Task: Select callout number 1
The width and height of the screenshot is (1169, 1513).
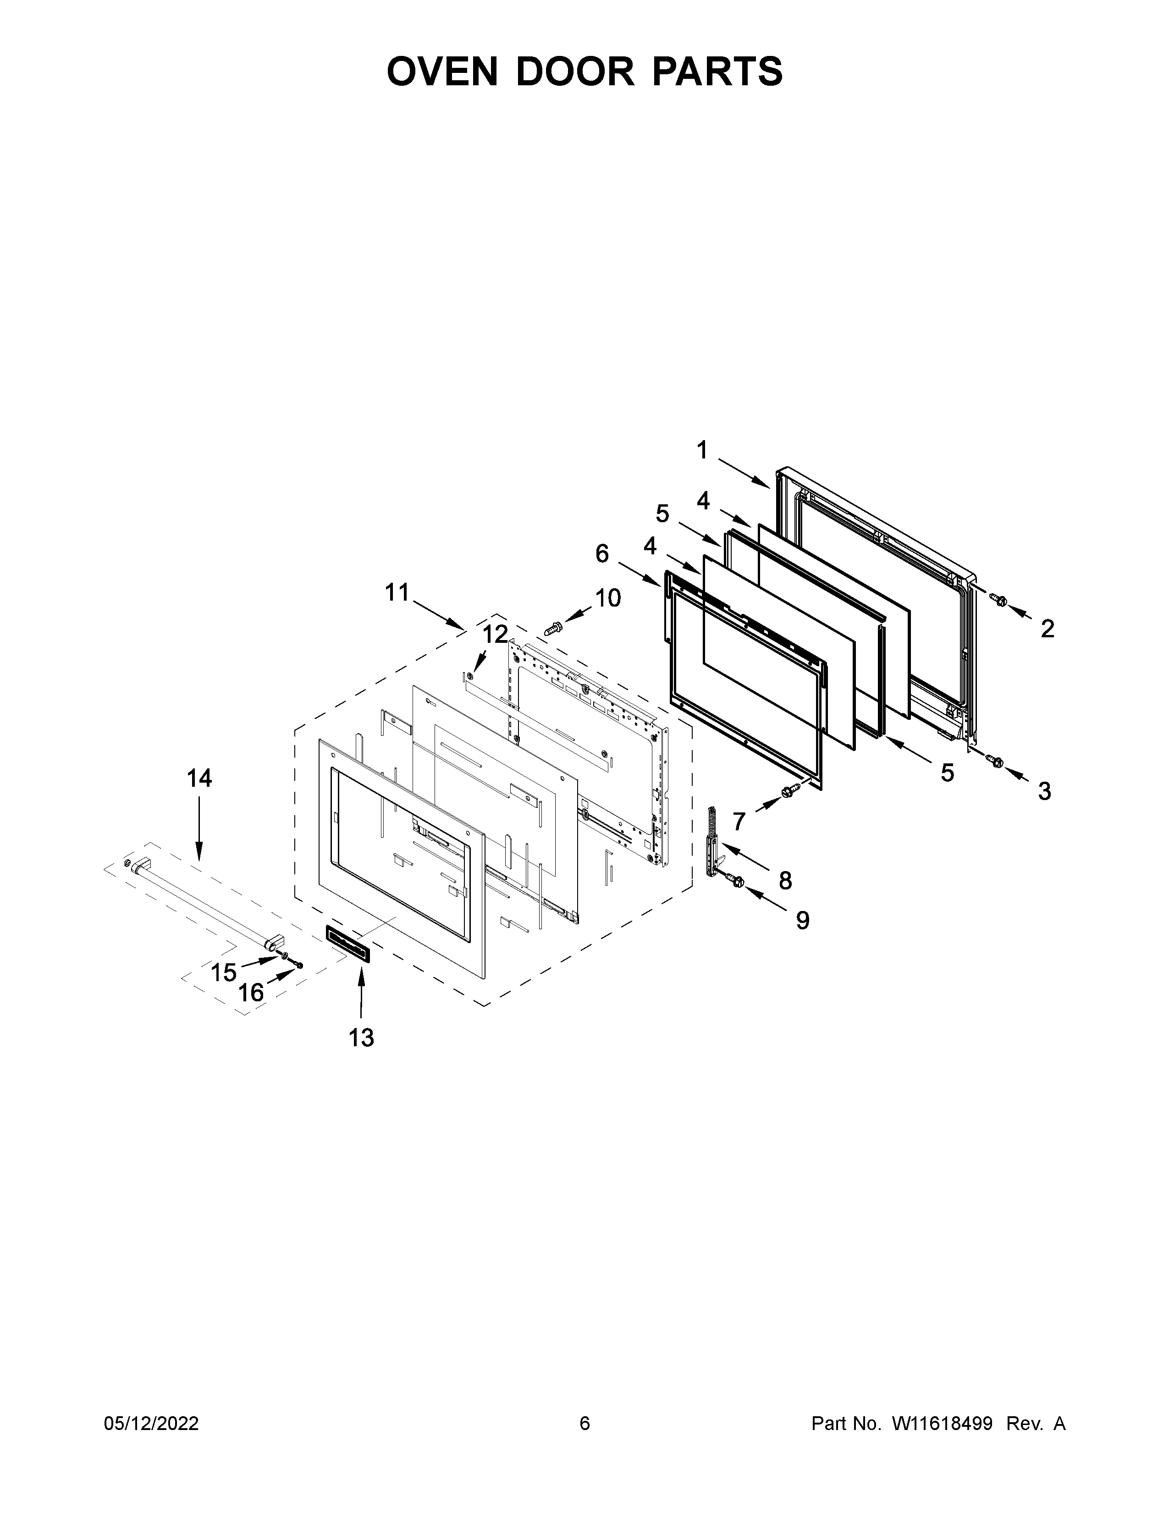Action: tap(702, 451)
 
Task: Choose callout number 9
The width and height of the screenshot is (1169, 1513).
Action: tap(802, 920)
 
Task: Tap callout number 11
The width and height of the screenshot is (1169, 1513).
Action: tap(397, 592)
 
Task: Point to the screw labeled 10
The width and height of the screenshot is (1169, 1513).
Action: tap(553, 628)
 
